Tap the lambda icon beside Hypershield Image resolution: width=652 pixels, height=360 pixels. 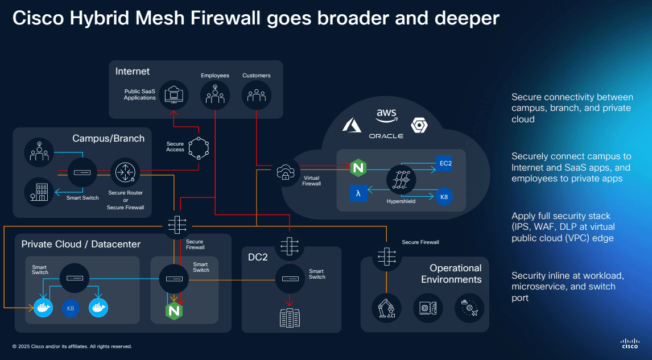[x=358, y=193]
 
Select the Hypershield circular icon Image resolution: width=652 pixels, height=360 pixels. [x=401, y=179]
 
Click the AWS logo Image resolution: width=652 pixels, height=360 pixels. [x=386, y=116]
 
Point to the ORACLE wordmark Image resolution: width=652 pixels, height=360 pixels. [x=386, y=136]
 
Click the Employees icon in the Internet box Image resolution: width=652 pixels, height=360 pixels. [x=215, y=94]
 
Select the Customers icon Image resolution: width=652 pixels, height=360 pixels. [x=256, y=94]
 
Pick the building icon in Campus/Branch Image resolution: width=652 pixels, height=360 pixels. [x=39, y=193]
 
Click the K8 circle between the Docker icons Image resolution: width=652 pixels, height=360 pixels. [x=71, y=308]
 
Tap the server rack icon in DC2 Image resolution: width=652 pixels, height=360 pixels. [x=290, y=318]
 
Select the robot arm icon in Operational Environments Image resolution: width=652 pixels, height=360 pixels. [x=386, y=308]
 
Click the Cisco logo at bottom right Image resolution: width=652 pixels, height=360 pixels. [x=629, y=343]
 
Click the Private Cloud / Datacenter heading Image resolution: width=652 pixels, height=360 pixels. [x=81, y=245]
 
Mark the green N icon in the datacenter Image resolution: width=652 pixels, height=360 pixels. [x=174, y=311]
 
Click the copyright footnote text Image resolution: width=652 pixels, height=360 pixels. [x=72, y=346]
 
